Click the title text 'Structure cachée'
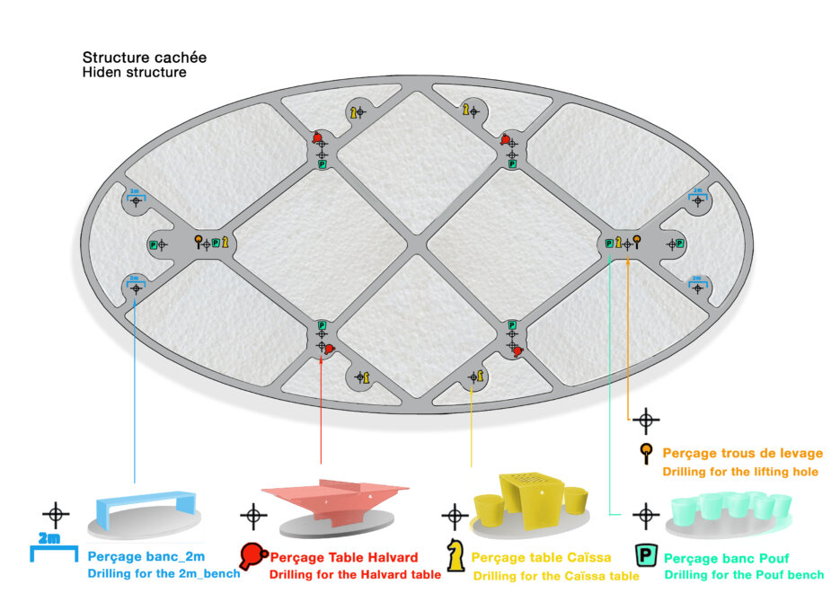point(145,58)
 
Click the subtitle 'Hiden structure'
point(135,72)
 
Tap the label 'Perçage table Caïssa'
point(541,558)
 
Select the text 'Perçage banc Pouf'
point(731,558)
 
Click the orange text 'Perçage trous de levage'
point(742,454)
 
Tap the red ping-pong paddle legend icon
point(252,553)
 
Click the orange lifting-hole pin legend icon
point(645,454)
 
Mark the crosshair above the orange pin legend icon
point(645,420)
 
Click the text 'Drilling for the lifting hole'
point(740,472)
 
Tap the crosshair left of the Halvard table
point(253,516)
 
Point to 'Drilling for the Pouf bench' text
point(743,575)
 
